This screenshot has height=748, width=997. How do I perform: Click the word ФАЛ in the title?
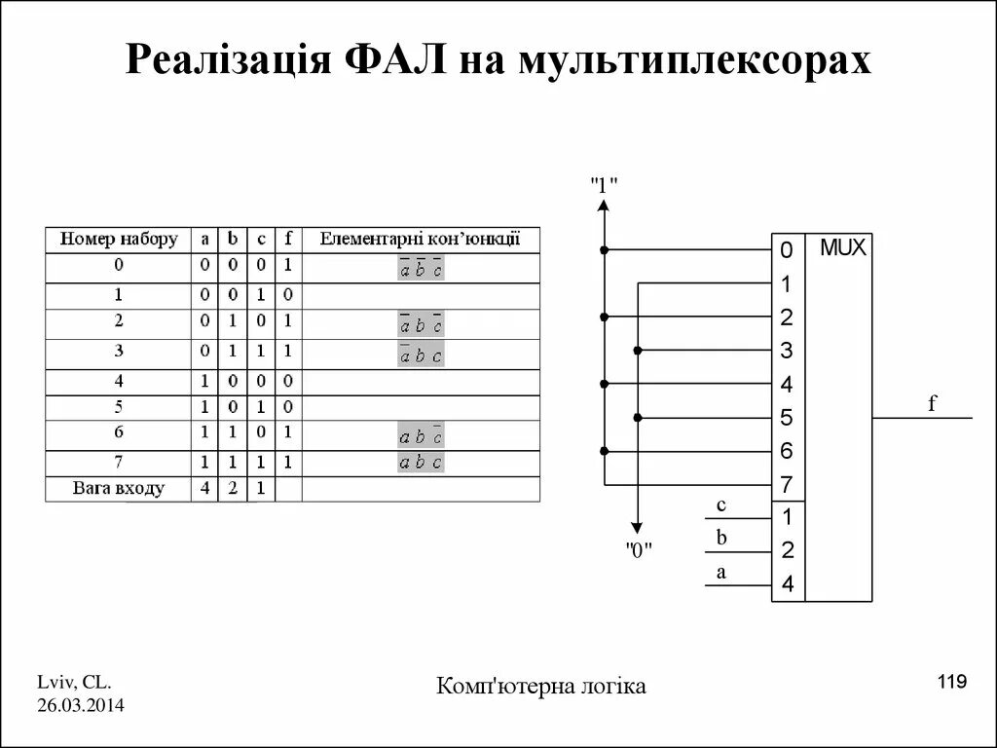pyautogui.click(x=395, y=60)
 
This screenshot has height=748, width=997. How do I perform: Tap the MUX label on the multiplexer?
pyautogui.click(x=842, y=247)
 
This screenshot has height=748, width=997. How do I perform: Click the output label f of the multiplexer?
pyautogui.click(x=932, y=402)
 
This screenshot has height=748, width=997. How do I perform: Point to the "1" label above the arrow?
pyautogui.click(x=604, y=183)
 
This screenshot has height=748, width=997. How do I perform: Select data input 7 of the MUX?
pyautogui.click(x=787, y=484)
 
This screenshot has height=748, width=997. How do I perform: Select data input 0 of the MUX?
pyautogui.click(x=787, y=251)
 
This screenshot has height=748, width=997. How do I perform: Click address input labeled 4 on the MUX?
pyautogui.click(x=787, y=584)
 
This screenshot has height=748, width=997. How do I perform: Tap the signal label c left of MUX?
pyautogui.click(x=720, y=505)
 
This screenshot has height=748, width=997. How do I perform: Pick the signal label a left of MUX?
pyautogui.click(x=720, y=573)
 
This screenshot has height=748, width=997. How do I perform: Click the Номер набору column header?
pyautogui.click(x=119, y=240)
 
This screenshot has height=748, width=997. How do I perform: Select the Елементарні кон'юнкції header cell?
pyautogui.click(x=420, y=240)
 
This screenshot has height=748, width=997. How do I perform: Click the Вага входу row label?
pyautogui.click(x=119, y=488)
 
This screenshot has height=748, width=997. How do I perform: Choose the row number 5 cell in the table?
pyautogui.click(x=119, y=407)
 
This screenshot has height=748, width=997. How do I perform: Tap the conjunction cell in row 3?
pyautogui.click(x=420, y=355)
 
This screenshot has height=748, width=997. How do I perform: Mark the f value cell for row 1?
pyautogui.click(x=287, y=295)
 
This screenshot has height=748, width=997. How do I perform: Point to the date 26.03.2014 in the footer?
pyautogui.click(x=81, y=704)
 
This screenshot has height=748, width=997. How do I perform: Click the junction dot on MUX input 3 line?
pyautogui.click(x=638, y=351)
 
